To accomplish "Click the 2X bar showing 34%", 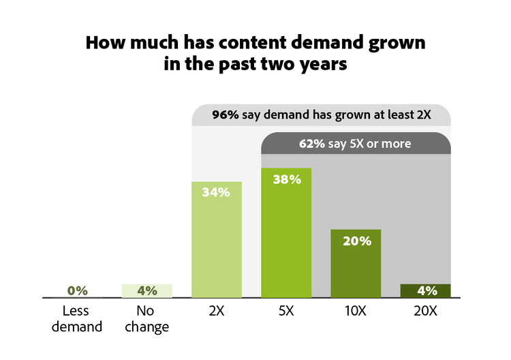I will (x=217, y=245).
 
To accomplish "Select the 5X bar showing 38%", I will (x=286, y=239).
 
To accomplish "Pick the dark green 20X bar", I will (x=426, y=291).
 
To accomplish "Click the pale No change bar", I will (x=146, y=291).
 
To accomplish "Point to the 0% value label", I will (x=78, y=290).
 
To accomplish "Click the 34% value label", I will (x=217, y=192).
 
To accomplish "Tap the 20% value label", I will (x=356, y=241).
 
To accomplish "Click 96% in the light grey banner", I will (x=225, y=115).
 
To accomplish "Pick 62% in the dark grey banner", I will (x=313, y=144).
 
